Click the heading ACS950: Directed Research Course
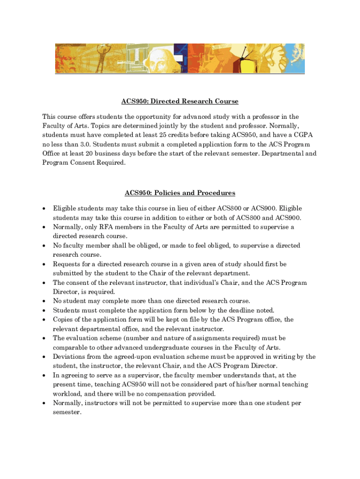[180, 102]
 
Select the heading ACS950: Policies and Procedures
[180, 193]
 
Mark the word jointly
[178, 126]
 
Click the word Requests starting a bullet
[67, 264]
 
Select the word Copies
[63, 319]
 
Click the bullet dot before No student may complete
[43, 301]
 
